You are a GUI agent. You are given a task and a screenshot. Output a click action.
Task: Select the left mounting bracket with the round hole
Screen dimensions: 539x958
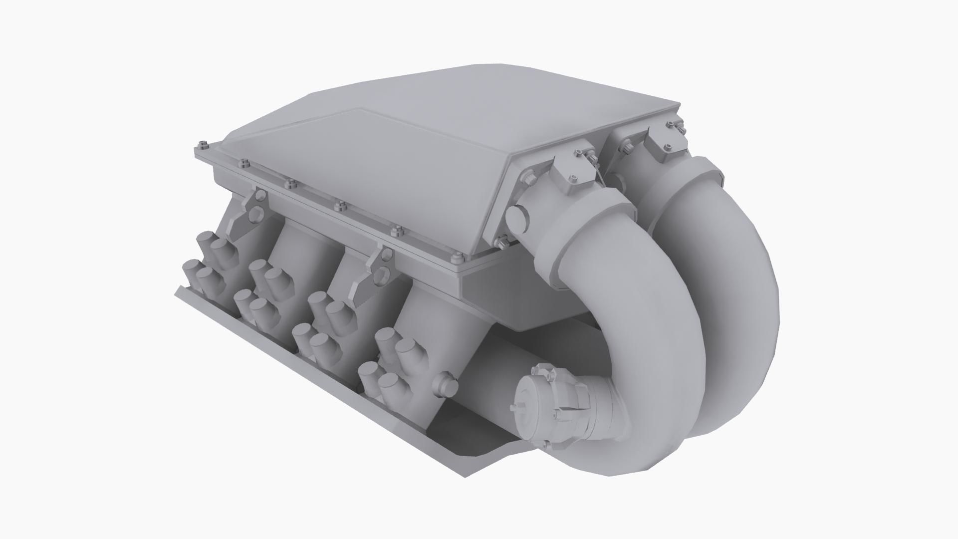(249, 213)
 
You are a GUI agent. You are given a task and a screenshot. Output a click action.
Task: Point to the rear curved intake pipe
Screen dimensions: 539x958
(733, 260)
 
